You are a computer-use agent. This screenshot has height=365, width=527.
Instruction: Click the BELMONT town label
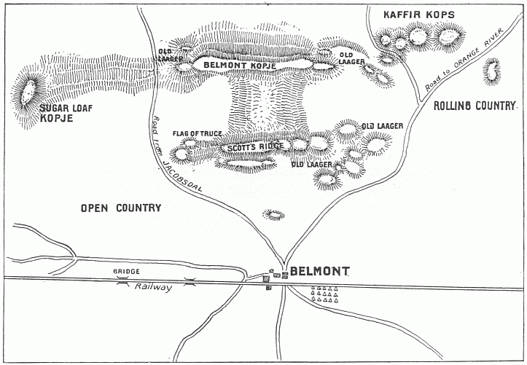click(319, 272)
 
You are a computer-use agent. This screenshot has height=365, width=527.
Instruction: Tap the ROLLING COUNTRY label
click(475, 106)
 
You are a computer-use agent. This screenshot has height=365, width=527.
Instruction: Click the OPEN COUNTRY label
click(120, 208)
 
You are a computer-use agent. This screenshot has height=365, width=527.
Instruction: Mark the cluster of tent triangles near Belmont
click(324, 294)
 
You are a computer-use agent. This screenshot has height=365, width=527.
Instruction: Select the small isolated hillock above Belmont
click(274, 214)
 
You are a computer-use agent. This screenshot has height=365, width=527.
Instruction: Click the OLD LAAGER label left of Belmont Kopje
click(171, 55)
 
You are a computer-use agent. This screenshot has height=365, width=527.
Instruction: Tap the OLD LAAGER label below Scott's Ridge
click(311, 165)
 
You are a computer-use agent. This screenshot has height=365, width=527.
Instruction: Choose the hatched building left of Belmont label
click(266, 277)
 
